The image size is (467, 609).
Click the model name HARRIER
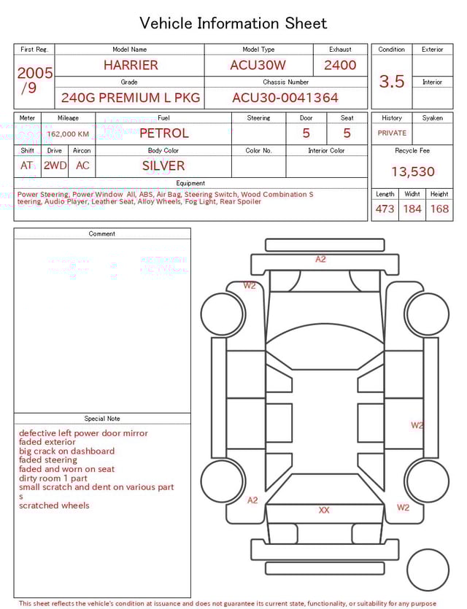click(x=130, y=65)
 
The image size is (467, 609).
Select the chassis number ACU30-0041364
click(x=285, y=98)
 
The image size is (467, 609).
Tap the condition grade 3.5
click(x=392, y=82)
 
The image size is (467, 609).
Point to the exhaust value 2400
click(x=340, y=65)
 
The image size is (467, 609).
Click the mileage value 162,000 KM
click(x=68, y=134)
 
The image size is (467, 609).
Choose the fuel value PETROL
click(x=163, y=133)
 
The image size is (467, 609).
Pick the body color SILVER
click(x=163, y=166)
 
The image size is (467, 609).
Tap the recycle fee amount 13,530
click(x=412, y=172)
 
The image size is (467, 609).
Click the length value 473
click(x=385, y=209)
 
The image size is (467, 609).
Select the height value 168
click(x=439, y=209)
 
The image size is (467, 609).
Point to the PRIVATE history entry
click(x=392, y=133)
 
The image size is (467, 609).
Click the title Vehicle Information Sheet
click(x=233, y=23)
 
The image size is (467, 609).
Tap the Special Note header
click(x=102, y=419)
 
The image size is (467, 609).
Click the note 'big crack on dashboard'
click(x=66, y=451)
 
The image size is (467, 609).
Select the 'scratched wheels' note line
click(x=54, y=505)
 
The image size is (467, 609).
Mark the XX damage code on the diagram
click(x=324, y=511)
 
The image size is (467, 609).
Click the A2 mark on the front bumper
click(x=320, y=260)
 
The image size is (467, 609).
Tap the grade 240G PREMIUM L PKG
click(x=130, y=98)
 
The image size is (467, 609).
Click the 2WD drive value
click(x=55, y=166)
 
